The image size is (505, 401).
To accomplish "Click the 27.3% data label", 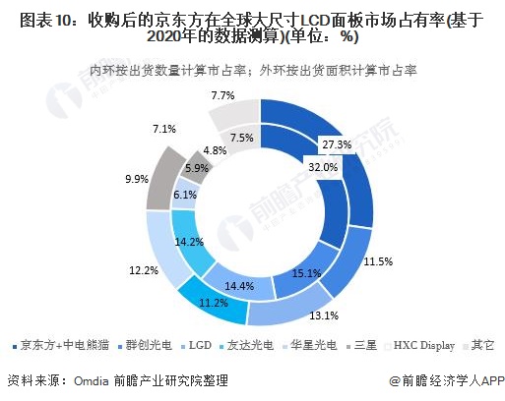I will [338, 145].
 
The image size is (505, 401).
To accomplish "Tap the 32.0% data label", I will [322, 167].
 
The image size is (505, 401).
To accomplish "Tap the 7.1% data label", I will [164, 129].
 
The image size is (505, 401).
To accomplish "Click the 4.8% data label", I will [214, 151].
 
